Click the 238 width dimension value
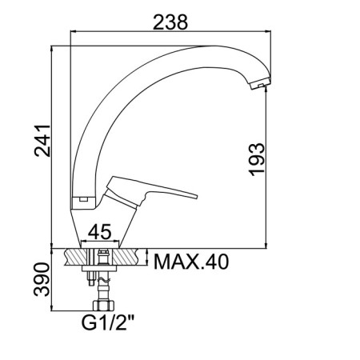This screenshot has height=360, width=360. (x=170, y=22)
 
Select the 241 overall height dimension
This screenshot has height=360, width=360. (x=42, y=141)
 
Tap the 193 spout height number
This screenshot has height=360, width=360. (x=257, y=159)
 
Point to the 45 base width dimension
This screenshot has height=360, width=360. (x=99, y=232)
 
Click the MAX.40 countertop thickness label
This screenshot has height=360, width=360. (x=191, y=262)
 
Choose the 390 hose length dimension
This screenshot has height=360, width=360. (x=42, y=279)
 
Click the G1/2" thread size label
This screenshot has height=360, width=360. (x=108, y=322)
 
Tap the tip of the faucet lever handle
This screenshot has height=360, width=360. (x=197, y=197)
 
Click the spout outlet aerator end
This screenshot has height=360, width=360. (x=261, y=83)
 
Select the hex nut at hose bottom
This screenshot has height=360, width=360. (x=103, y=306)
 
